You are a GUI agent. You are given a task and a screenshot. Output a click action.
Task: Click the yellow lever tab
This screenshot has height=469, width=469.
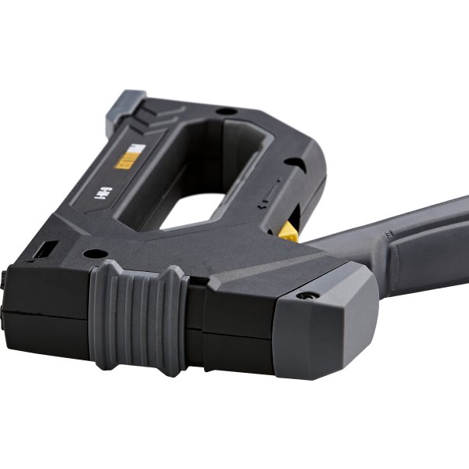click(x=288, y=228)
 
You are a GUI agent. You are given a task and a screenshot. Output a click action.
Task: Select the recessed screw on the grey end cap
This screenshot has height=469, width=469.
click(x=305, y=297)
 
